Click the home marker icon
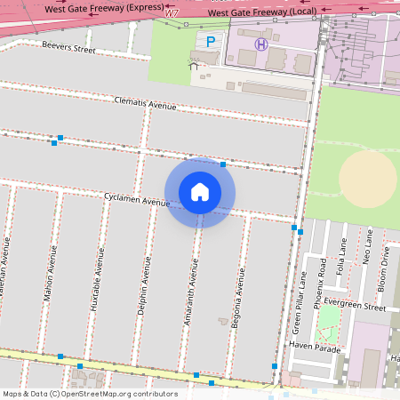pyautogui.click(x=200, y=192)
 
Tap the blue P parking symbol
pyautogui.click(x=211, y=42)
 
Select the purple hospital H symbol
pyautogui.click(x=261, y=44)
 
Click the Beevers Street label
pyautogui.click(x=68, y=46)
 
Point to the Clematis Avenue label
pyautogui.click(x=146, y=104)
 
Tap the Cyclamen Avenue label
pyautogui.click(x=137, y=202)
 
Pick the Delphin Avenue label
pyautogui.click(x=142, y=284)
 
